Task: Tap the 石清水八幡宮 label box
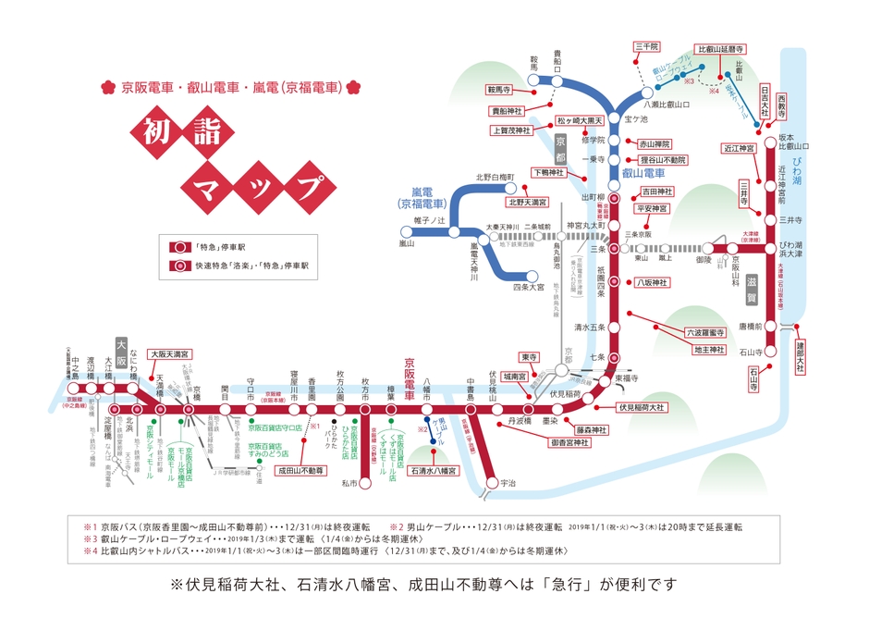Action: click(x=432, y=470)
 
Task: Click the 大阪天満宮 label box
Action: click(x=172, y=353)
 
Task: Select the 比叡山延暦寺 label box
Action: click(x=722, y=46)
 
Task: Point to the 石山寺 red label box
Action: click(x=755, y=377)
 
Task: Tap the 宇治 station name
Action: click(x=508, y=483)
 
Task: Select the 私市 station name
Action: click(x=348, y=483)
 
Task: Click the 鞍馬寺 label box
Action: click(x=498, y=91)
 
